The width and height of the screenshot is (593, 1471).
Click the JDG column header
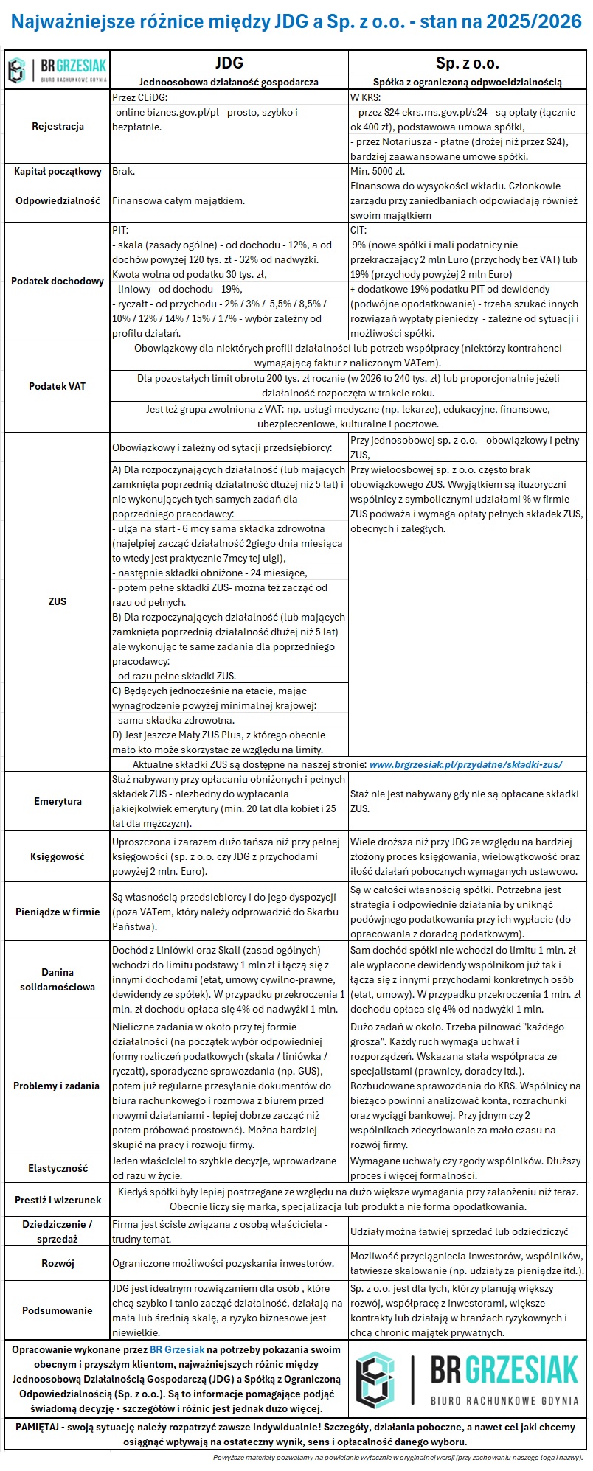pyautogui.click(x=229, y=63)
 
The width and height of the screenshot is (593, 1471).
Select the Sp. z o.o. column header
pyautogui.click(x=468, y=63)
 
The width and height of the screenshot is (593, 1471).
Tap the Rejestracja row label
pyautogui.click(x=58, y=126)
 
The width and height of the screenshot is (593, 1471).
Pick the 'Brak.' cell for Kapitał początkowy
pyautogui.click(x=124, y=171)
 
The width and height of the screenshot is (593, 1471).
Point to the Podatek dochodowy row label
pyautogui.click(x=58, y=281)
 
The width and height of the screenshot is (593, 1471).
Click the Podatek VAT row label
pyautogui.click(x=58, y=386)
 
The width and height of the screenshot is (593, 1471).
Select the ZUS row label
pyautogui.click(x=58, y=601)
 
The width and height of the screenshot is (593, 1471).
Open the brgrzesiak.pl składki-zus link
pyautogui.click(x=465, y=764)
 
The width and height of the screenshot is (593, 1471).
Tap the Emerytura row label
pyautogui.click(x=58, y=801)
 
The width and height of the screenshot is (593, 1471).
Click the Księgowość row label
pyautogui.click(x=58, y=856)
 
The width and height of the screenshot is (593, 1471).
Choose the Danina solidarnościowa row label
pyautogui.click(x=58, y=979)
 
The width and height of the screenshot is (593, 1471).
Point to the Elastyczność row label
pyautogui.click(x=58, y=1168)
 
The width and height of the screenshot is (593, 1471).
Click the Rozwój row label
pyautogui.click(x=58, y=1263)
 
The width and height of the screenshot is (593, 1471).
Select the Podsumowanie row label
pyautogui.click(x=58, y=1310)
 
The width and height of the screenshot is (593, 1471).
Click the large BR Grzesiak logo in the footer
pyautogui.click(x=467, y=1378)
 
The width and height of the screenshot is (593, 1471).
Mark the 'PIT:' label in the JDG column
pyautogui.click(x=120, y=230)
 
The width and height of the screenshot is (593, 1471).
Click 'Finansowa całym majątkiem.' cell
pyautogui.click(x=178, y=200)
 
